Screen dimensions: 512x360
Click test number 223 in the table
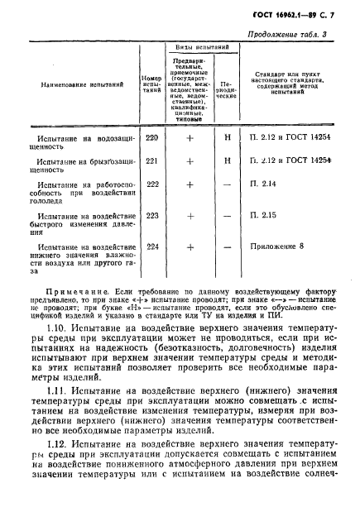tap(151, 216)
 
